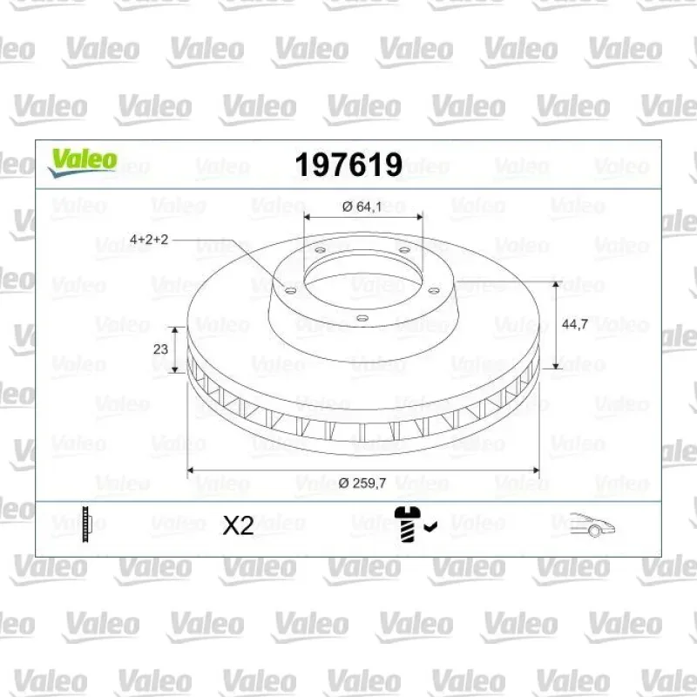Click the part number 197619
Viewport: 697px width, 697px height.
coord(348,165)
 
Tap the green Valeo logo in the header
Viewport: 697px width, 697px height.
coord(83,163)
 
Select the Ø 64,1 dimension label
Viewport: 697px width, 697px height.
coord(362,206)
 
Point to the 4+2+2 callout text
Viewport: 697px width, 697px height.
coord(149,240)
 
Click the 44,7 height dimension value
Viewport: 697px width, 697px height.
coord(575,324)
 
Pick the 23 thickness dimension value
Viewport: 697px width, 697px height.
coord(160,349)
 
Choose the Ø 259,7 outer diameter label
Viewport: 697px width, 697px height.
coord(362,483)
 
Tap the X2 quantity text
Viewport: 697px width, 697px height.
coord(238,526)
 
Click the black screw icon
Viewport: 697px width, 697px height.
coord(408,524)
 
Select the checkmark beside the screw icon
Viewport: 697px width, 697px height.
coord(430,527)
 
